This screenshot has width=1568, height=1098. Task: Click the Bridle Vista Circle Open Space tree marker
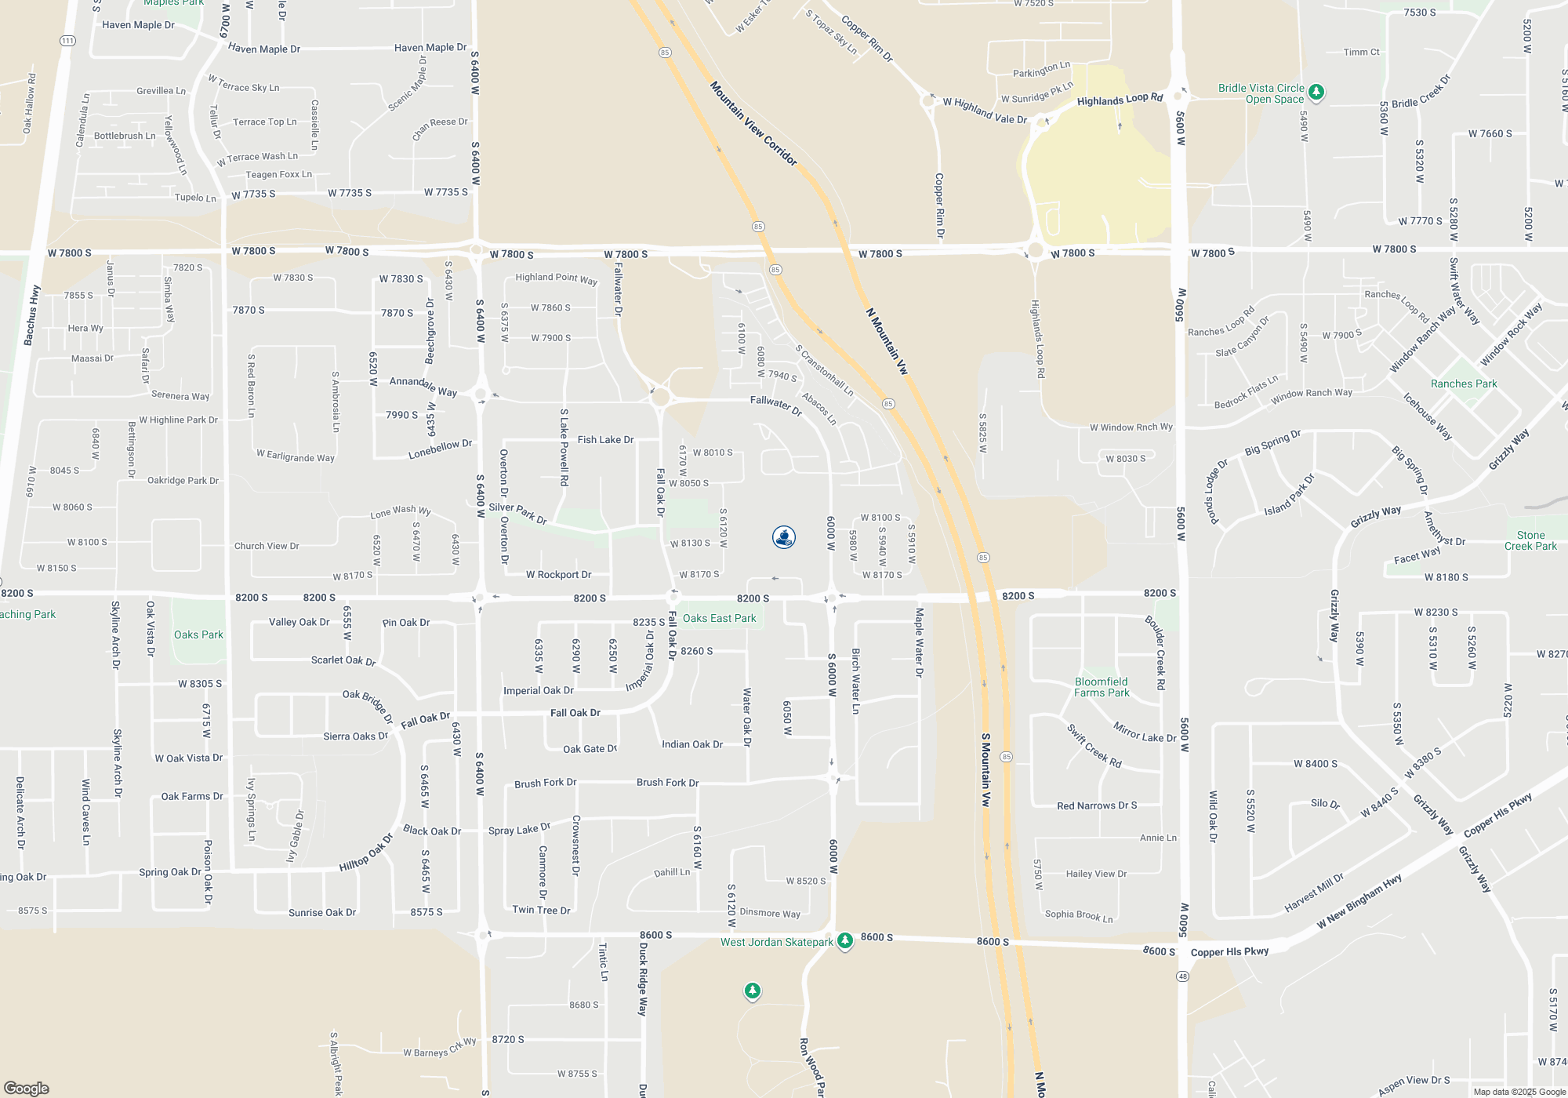coord(1316,93)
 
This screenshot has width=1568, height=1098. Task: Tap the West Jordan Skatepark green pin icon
coord(844,940)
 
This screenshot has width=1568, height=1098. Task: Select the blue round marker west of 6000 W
coord(783,537)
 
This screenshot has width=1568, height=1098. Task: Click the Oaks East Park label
coord(719,618)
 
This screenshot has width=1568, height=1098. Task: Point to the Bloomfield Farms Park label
coord(1102,687)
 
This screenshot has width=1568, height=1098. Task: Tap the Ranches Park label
coord(1463,384)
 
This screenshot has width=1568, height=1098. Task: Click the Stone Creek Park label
coord(1530,540)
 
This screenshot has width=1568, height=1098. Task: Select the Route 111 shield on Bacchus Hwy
coord(67,41)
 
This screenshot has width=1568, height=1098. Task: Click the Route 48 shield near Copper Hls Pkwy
coord(1182,976)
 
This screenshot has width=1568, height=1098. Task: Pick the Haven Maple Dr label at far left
coord(138,25)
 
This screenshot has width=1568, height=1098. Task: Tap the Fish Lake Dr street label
coord(605,440)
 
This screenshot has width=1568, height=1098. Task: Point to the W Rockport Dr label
coord(558,575)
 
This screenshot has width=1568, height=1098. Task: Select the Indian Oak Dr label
coord(691,744)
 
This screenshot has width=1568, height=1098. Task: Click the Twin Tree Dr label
coord(541,910)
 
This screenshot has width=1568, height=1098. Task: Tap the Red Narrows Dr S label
coord(1096,805)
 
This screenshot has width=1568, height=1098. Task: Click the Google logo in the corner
coord(27,1088)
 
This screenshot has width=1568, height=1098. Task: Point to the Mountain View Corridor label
coord(753,123)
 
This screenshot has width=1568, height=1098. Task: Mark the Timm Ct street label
coord(1361,52)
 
